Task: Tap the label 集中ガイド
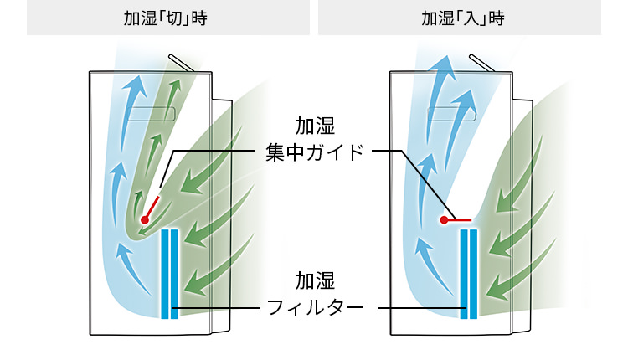[315, 153]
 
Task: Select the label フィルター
[315, 308]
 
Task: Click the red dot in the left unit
[144, 219]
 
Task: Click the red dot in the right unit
[445, 219]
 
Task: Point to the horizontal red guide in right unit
[460, 219]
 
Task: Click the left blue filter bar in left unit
[164, 273]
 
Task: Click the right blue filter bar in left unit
[174, 273]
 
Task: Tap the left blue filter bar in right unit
[463, 273]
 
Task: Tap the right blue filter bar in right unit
[474, 273]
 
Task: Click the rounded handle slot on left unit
[151, 112]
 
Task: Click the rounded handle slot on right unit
[451, 112]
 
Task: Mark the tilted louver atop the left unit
[181, 64]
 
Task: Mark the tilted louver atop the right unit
[481, 64]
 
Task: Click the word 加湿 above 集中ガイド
[315, 126]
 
